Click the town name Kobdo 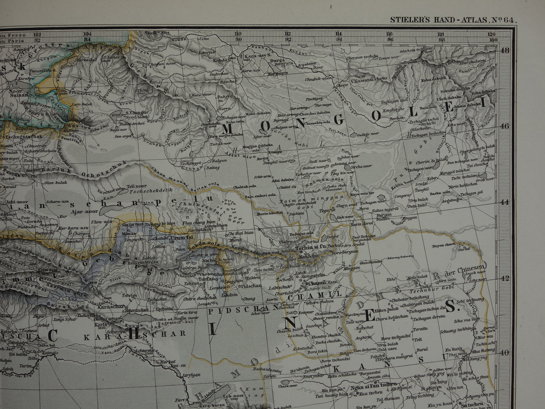[x=220, y=60]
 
